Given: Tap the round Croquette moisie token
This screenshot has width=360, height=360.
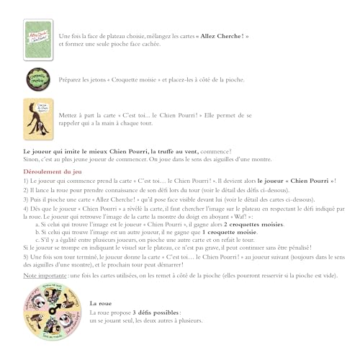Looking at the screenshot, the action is [x=37, y=79].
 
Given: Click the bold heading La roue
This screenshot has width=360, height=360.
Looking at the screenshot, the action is [x=102, y=305].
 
